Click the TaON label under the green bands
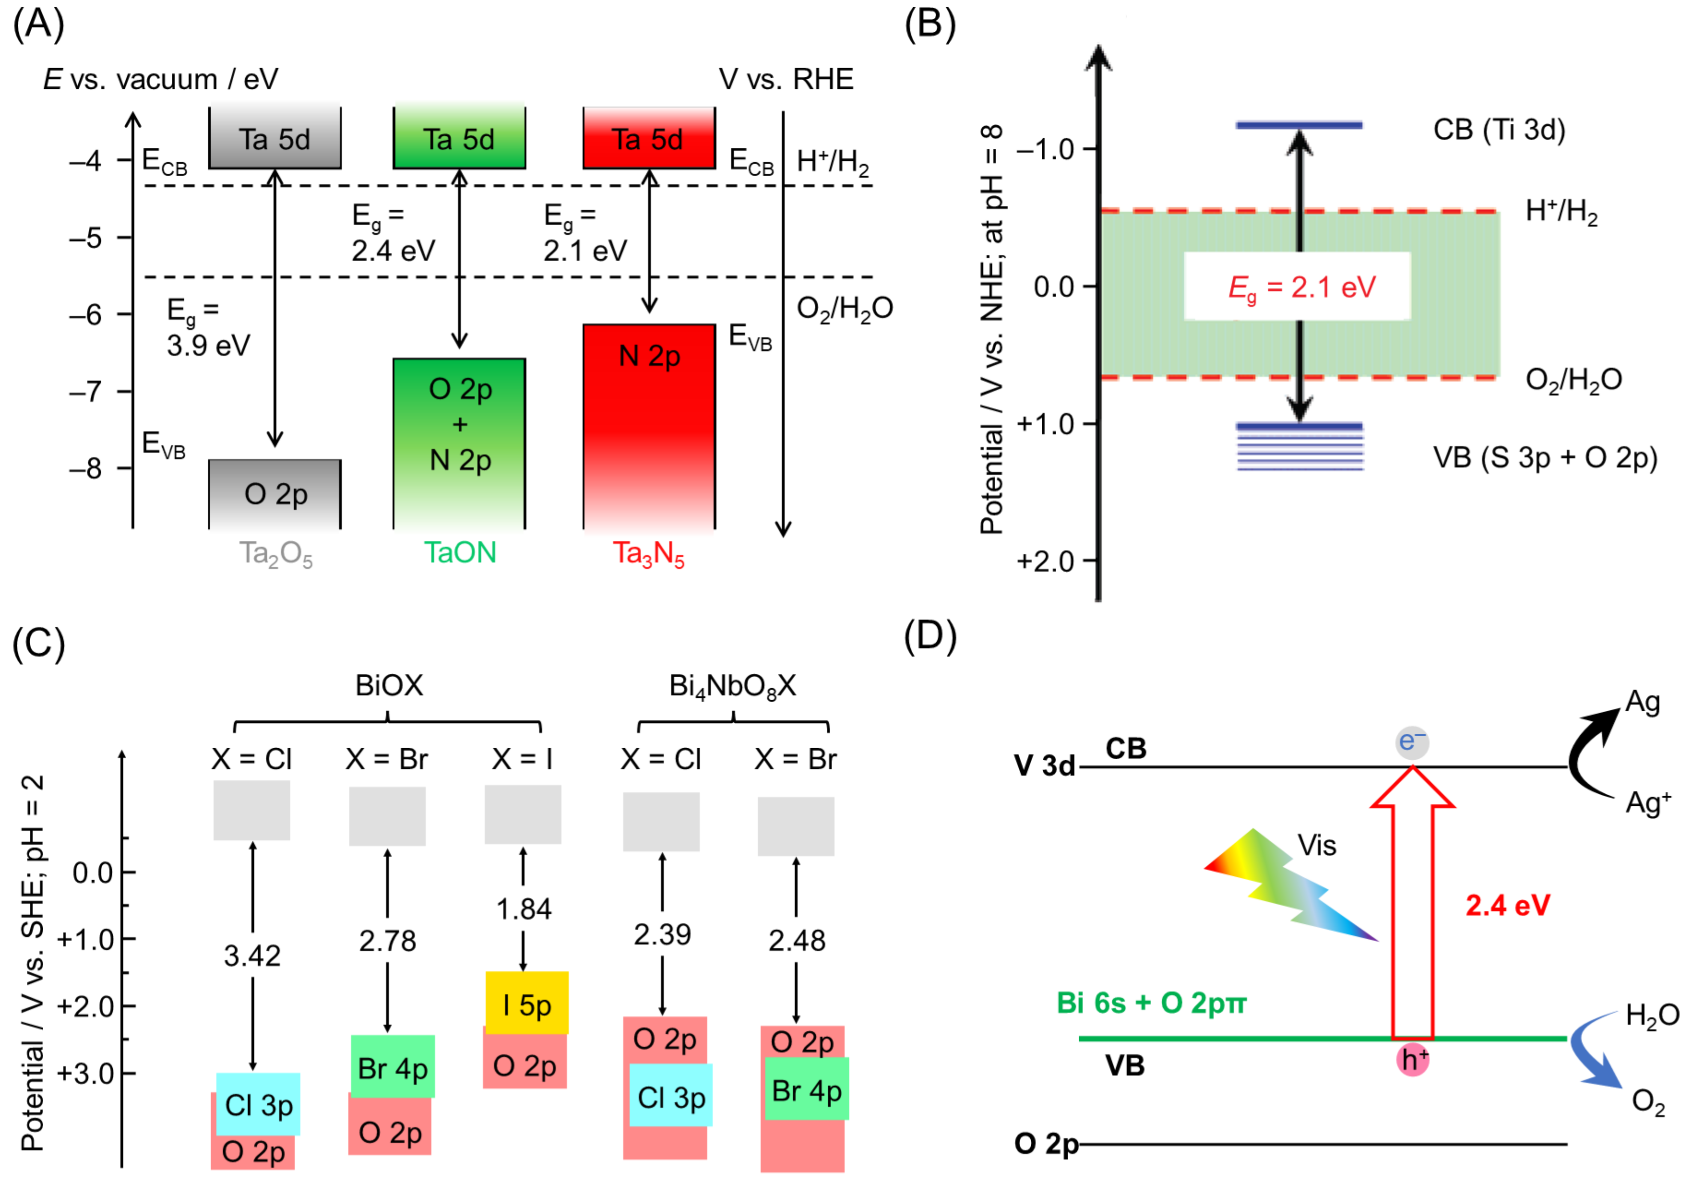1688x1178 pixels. coord(460,552)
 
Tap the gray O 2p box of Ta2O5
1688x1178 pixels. coord(275,493)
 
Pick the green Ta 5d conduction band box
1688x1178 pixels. coord(459,138)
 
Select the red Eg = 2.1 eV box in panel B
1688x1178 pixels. coord(1298,287)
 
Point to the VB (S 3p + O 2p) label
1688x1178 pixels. coord(1544,457)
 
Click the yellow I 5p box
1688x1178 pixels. coord(526,1004)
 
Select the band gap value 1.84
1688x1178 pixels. coord(523,910)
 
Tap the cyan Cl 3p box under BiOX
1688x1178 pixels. coord(258,1104)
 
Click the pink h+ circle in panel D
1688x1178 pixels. coord(1412,1059)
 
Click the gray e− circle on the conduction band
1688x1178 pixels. coord(1411,741)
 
